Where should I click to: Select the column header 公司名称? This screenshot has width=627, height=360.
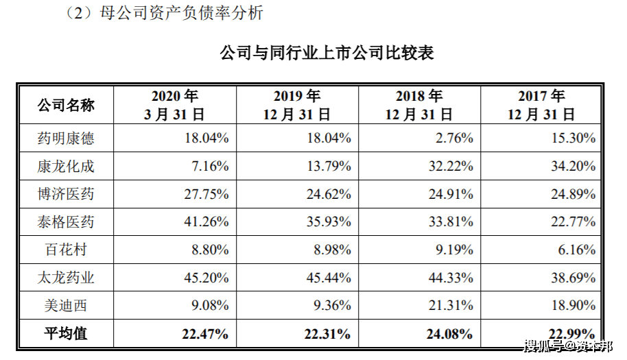point(66,106)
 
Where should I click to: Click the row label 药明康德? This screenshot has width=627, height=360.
point(66,139)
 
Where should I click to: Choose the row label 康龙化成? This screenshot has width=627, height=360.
point(66,166)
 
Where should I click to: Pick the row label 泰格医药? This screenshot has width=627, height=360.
point(66,221)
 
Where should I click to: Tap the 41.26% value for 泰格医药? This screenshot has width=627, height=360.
point(206,221)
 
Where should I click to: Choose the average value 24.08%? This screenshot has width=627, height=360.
point(450,334)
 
